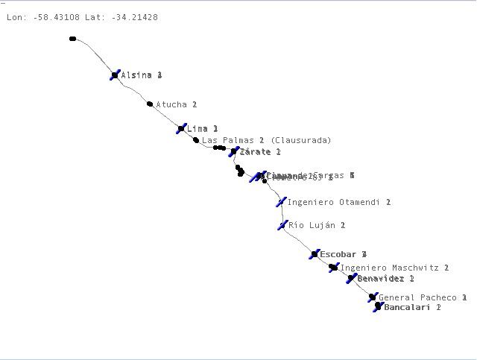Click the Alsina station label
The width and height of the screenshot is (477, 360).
point(141,75)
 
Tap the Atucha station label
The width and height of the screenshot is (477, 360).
point(176,105)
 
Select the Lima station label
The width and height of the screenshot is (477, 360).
point(202,129)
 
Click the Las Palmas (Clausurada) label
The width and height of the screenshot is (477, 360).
point(266,140)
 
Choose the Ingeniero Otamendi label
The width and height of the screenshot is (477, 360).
point(338,202)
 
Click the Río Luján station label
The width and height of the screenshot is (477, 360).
point(317,225)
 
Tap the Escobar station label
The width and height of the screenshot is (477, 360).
point(343,255)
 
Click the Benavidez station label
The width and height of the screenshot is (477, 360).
point(385,279)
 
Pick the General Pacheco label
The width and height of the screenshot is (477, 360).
point(423,297)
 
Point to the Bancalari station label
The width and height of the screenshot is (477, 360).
point(412,307)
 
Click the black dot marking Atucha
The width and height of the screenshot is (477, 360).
point(150,104)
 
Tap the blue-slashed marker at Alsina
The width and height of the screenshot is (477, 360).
point(115,75)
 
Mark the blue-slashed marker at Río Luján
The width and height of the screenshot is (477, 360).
point(282,224)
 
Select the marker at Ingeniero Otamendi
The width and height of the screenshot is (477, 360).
point(281,201)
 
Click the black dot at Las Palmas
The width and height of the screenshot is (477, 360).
point(196,140)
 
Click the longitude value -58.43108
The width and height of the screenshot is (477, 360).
point(59,17)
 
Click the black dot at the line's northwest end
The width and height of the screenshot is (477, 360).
point(72,39)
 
